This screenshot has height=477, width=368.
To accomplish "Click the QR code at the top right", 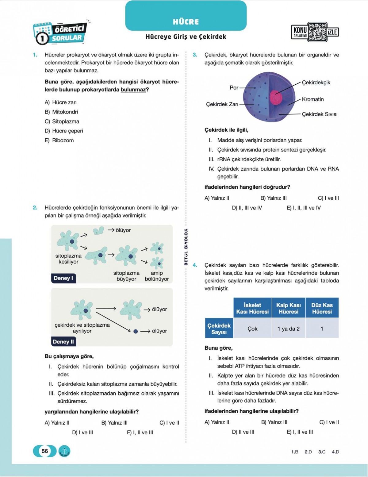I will (318, 32).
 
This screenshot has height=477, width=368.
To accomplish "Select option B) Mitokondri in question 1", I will (62, 112).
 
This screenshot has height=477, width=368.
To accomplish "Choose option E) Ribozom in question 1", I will (59, 140).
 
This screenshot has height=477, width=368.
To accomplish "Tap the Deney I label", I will (63, 278).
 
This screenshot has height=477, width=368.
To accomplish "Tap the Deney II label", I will (63, 342).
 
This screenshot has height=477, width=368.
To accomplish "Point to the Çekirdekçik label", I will (316, 83).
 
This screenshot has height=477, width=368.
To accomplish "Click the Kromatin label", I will (312, 99).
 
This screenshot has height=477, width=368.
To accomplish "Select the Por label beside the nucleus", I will (234, 88).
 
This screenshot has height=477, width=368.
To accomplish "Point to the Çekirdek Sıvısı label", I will (319, 114).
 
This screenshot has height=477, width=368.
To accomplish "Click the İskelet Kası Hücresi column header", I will (252, 308).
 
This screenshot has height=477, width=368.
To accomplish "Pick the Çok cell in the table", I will (252, 329).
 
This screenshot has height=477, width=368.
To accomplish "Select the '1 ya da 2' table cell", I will (288, 329).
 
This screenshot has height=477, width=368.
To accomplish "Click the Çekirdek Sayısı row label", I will (219, 329).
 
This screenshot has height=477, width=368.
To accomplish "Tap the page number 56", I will (45, 451).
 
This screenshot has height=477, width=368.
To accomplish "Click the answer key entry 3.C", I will (322, 452).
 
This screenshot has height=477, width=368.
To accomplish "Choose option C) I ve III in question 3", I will (328, 198).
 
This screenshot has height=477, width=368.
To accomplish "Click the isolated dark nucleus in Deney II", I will (136, 331).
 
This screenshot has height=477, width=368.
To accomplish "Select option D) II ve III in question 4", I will (243, 432).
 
